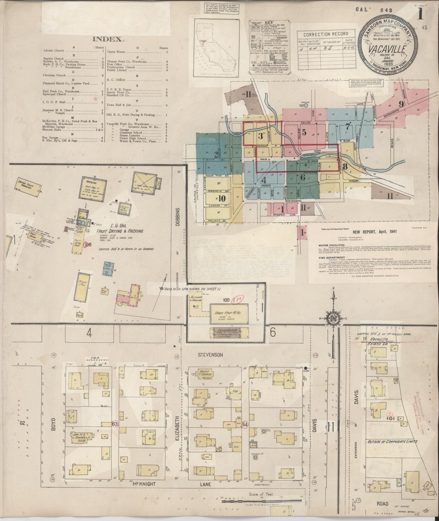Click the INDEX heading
pyautogui.click(x=108, y=39)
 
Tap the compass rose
pyautogui.click(x=333, y=318)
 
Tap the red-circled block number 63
pyautogui.click(x=115, y=423)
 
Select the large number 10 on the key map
pyautogui.click(x=221, y=198)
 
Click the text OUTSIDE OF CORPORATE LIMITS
pyautogui.click(x=392, y=441)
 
